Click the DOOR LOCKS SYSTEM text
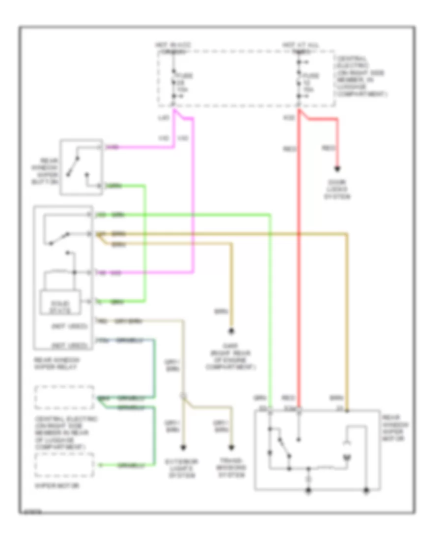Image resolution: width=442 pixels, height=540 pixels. point(337,189)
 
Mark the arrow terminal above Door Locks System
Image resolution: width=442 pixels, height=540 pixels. point(337,170)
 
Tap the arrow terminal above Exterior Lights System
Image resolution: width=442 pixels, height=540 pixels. point(184,447)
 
